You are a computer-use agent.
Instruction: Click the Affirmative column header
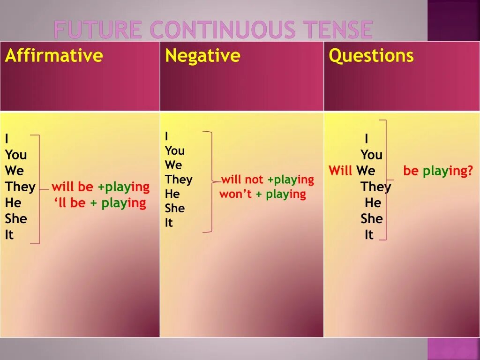point(53,56)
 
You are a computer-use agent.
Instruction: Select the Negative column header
point(202,56)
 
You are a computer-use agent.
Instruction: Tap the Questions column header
point(371,56)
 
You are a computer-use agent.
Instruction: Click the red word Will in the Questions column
point(340,171)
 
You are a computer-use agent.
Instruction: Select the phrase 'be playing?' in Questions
point(438,171)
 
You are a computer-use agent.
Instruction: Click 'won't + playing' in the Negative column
point(262,194)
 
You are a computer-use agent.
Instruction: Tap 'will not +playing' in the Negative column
point(267,180)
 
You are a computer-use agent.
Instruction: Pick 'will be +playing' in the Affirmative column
point(100,187)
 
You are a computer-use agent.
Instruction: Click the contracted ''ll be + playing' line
point(100,203)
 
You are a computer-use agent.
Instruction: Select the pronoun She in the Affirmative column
point(16,219)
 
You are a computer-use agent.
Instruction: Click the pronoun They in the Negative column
point(179,180)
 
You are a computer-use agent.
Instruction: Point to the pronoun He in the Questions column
point(373,203)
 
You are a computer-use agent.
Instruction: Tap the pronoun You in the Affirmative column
point(16,155)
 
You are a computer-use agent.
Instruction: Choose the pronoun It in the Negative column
point(169,223)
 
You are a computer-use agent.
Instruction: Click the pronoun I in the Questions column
point(366,139)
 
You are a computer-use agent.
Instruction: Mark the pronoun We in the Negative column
point(173,165)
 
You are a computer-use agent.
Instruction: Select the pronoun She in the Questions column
point(372,219)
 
